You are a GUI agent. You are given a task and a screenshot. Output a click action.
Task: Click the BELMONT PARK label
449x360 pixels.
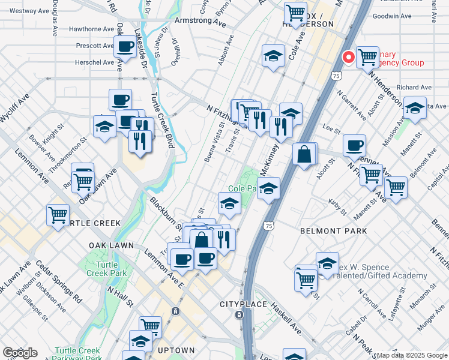point(325,230)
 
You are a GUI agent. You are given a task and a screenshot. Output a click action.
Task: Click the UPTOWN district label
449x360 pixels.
point(176,350)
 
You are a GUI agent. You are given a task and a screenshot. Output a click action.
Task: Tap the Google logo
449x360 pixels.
point(20,353)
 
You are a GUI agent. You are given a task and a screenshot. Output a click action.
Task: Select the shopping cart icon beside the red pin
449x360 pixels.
point(367,57)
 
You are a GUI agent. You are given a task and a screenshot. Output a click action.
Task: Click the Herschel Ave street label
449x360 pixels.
point(94,62)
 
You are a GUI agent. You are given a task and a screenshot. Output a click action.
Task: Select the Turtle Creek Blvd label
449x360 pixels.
point(161,121)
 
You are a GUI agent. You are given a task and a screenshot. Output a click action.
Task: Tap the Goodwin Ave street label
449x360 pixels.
point(392,17)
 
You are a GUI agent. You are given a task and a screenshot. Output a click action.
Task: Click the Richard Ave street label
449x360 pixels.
point(414,88)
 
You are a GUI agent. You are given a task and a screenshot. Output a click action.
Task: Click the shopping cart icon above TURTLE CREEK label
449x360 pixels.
point(58,214)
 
